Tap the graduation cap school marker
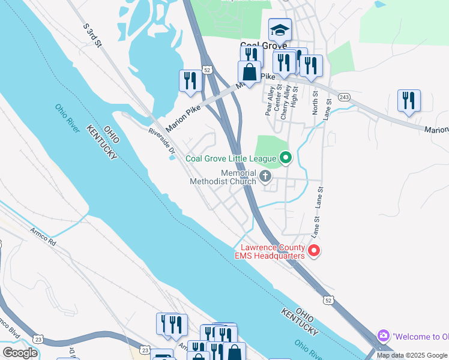point(280,29)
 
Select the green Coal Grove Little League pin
point(286,158)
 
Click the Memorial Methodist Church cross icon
point(265,176)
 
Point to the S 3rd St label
point(92,31)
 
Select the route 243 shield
point(344,97)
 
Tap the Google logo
point(20,353)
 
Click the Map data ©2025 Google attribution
point(412,355)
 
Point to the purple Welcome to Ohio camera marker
point(382,336)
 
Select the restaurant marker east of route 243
point(409,100)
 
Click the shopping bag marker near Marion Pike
point(249,71)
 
